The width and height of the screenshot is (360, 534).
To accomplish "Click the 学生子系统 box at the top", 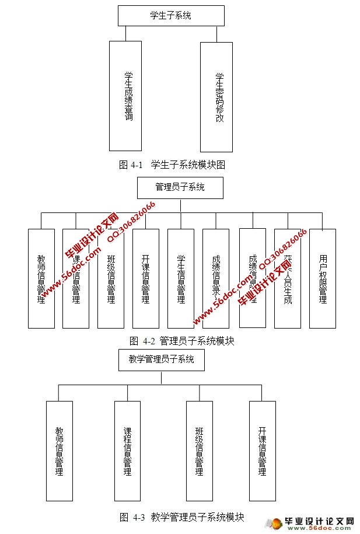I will coord(170,16).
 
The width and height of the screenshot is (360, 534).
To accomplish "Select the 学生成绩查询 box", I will coord(125,96).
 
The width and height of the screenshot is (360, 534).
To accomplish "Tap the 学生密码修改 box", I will coord(216,96).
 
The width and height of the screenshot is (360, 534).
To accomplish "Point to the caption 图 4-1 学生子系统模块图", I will coord(172,165).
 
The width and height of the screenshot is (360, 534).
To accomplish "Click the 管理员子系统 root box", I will coord(180,187).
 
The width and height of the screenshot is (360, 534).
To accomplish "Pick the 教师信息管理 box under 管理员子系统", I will coord(41,278).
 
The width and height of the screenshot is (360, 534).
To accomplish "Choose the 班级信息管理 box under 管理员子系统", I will coord(111,278).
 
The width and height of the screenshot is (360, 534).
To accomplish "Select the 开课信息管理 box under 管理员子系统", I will coord(146,278).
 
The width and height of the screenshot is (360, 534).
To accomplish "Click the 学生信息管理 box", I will coord(181,278).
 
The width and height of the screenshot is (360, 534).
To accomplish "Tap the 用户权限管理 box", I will coord(323,278).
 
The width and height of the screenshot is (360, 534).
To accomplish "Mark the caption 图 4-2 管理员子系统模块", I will coord(181,341).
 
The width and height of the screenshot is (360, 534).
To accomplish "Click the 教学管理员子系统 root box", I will coord(162,359).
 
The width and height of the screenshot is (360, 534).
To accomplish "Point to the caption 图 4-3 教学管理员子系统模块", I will coord(181,516).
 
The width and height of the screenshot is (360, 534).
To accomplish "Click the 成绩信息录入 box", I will coord(216,278).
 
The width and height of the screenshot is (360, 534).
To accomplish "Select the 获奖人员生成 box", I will coord(288,278).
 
